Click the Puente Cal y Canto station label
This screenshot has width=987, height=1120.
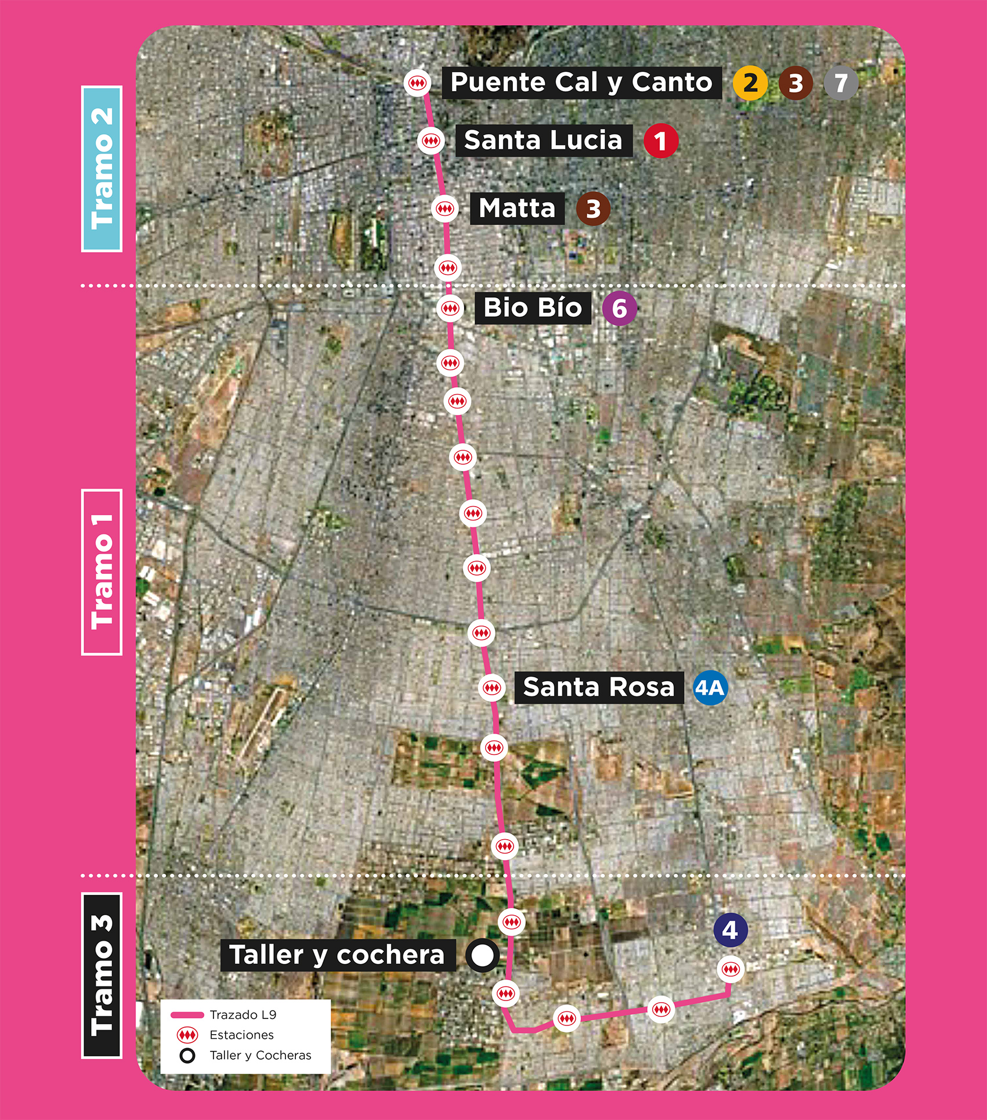tap(581, 82)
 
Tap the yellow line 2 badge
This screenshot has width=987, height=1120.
tap(750, 83)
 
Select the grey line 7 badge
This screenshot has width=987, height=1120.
tap(841, 83)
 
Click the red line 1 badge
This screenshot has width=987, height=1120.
tap(660, 140)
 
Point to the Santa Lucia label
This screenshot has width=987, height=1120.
tap(543, 140)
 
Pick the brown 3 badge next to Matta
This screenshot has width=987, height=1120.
tap(593, 208)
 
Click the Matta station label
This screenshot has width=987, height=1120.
tap(517, 208)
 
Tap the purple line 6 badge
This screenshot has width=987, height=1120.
tap(619, 308)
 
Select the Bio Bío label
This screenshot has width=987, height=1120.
tap(533, 308)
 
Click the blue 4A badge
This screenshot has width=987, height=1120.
tap(710, 688)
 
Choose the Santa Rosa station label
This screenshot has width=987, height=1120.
tap(599, 688)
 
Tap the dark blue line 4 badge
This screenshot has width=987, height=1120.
tap(730, 930)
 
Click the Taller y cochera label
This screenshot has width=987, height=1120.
tap(337, 955)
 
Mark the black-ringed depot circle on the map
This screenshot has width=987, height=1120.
tap(482, 955)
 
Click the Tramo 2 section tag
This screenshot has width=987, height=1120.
tap(102, 168)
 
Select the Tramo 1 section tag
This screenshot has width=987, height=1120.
tap(102, 572)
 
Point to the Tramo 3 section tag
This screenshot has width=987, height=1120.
tap(102, 975)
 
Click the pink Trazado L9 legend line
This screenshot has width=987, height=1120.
tap(187, 1015)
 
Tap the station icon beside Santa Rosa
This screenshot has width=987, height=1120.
tap(492, 688)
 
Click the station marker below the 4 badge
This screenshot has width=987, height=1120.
tap(730, 969)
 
